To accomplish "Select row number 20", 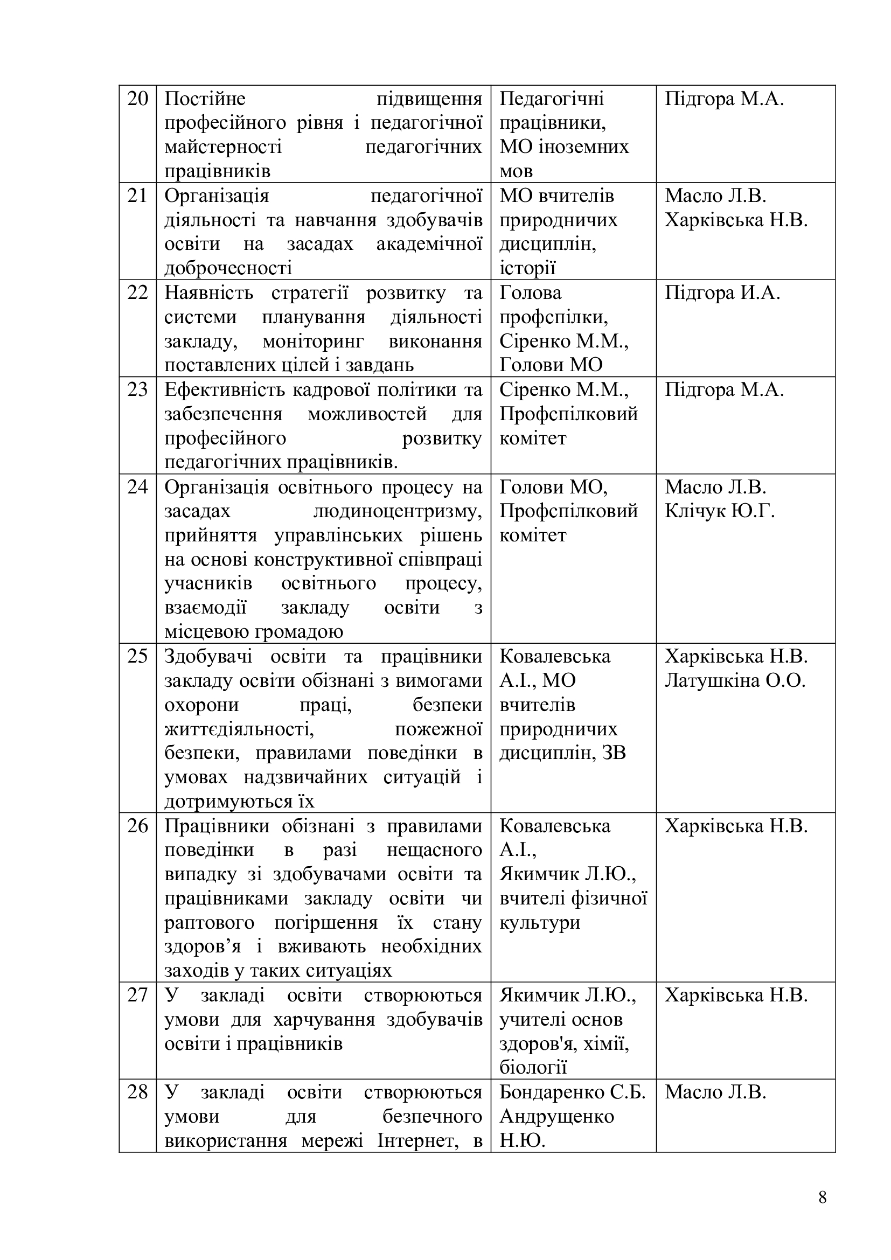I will pyautogui.click(x=138, y=99).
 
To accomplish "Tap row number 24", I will pyautogui.click(x=138, y=487).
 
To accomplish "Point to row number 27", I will pyautogui.click(x=138, y=995).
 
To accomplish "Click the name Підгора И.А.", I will pyautogui.click(x=722, y=293).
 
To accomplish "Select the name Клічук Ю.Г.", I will pyautogui.click(x=719, y=511).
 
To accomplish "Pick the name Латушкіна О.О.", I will pyautogui.click(x=735, y=681).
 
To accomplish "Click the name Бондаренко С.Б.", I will pyautogui.click(x=572, y=1092).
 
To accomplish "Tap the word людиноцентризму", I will pyautogui.click(x=397, y=511).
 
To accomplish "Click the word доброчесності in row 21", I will pyautogui.click(x=228, y=268).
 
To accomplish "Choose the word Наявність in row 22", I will pyautogui.click(x=209, y=293).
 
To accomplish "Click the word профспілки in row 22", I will pyautogui.click(x=554, y=318).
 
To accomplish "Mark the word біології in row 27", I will pyautogui.click(x=533, y=1068).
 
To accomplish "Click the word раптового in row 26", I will pyautogui.click(x=209, y=922).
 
